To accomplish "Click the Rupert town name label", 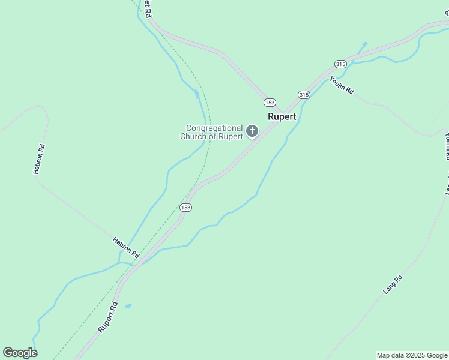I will point(282,116).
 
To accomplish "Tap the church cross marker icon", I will point(252,131).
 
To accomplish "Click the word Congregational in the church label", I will point(214,128).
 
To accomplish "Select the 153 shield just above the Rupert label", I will point(270,103).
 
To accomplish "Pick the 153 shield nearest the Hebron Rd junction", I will point(185,207).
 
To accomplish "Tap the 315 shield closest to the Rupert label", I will point(303,95).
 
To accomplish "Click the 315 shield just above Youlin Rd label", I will point(340,64).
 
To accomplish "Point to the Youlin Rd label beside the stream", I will point(342,85).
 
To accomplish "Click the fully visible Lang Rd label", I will point(392,284).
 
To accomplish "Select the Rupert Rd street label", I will point(108,317).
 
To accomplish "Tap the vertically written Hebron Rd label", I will point(38,158).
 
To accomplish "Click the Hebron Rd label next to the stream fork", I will point(126,247).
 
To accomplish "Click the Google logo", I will point(20,353).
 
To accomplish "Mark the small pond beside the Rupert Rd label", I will point(128,306).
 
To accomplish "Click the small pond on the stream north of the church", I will point(197,94).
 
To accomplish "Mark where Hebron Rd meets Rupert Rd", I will point(139,262).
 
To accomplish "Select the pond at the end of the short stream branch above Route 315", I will point(364,44).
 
